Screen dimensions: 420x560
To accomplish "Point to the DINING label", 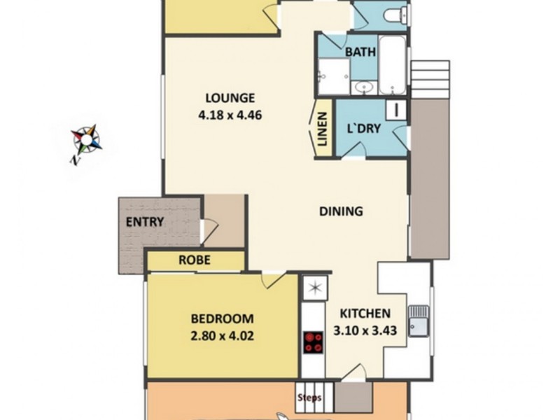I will pos(341,211).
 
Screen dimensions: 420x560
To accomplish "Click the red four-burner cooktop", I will pos(314,342).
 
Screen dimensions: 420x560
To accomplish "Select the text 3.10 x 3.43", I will pos(370,330).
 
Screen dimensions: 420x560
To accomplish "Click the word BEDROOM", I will pos(222,318).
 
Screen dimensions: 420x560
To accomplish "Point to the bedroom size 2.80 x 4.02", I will pos(222,336).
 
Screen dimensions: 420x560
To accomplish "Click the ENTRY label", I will pos(145,223).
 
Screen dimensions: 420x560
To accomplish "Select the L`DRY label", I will pos(364,129).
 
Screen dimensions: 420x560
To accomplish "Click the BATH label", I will pos(361,52).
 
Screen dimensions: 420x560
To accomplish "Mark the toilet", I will pos(397,14).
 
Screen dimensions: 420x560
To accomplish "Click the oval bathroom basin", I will pos(364,87).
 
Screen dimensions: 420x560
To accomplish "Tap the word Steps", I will pos(309,398).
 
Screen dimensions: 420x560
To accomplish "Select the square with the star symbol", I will pos(314,287).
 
